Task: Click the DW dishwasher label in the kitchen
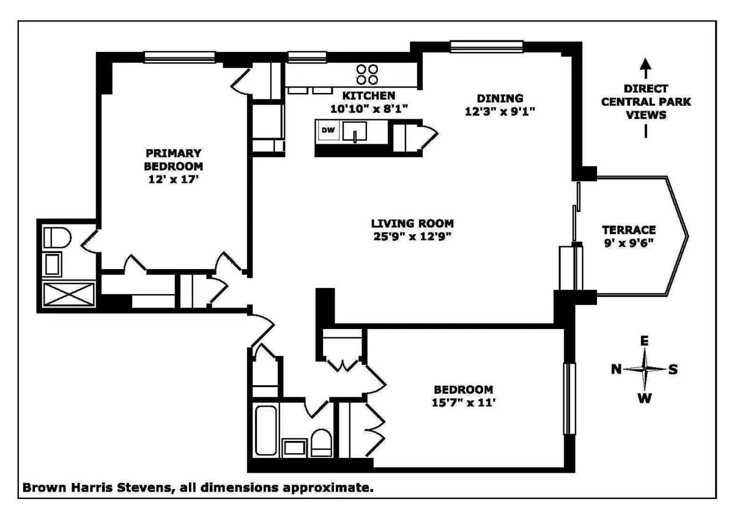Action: click(x=328, y=130)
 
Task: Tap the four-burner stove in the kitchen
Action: click(x=367, y=74)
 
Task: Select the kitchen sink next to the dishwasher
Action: click(x=354, y=131)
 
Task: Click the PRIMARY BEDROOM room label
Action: click(x=173, y=159)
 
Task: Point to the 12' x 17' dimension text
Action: click(x=173, y=180)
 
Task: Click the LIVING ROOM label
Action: click(x=412, y=223)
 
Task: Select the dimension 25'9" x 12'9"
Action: click(x=412, y=237)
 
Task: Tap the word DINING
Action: click(x=500, y=98)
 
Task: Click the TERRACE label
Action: click(x=629, y=230)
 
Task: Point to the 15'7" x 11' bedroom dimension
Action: click(x=463, y=404)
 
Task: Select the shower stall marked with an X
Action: click(x=69, y=294)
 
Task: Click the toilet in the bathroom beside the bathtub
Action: click(x=321, y=441)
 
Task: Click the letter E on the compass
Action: click(x=644, y=341)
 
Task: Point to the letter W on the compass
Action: click(x=645, y=399)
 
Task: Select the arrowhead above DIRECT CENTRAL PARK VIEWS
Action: click(x=646, y=64)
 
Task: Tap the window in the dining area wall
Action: click(x=487, y=46)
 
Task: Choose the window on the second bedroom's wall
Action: click(x=569, y=398)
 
